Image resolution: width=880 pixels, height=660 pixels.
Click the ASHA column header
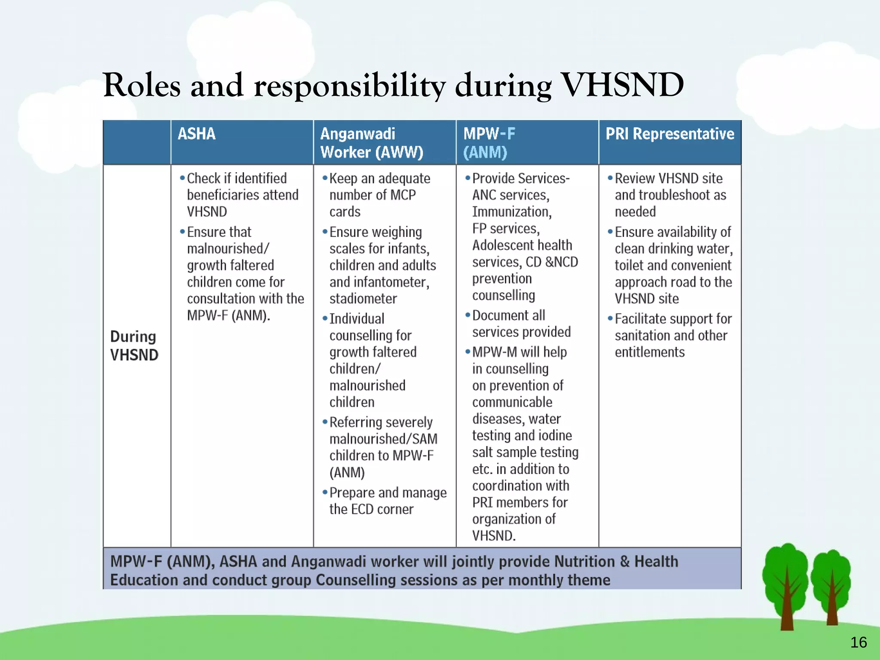[196, 134]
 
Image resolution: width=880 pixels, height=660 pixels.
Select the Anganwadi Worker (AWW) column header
[372, 143]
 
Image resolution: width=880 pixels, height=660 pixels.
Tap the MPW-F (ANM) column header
[489, 143]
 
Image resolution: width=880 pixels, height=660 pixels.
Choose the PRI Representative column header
[669, 134]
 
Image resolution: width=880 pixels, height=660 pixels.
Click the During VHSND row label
[134, 345]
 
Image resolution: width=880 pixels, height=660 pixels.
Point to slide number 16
[858, 642]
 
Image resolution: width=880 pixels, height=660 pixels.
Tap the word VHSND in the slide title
[623, 85]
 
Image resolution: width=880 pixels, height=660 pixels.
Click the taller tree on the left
[786, 584]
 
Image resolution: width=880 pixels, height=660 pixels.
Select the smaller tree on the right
[832, 587]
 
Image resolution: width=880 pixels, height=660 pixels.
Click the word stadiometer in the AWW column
[363, 299]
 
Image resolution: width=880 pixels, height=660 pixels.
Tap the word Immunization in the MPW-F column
[511, 212]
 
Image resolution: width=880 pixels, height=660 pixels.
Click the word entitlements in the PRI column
[649, 352]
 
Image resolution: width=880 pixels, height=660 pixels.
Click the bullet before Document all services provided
[467, 315]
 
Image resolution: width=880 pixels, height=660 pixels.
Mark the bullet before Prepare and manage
[325, 492]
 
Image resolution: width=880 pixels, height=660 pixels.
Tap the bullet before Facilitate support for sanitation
[610, 318]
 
